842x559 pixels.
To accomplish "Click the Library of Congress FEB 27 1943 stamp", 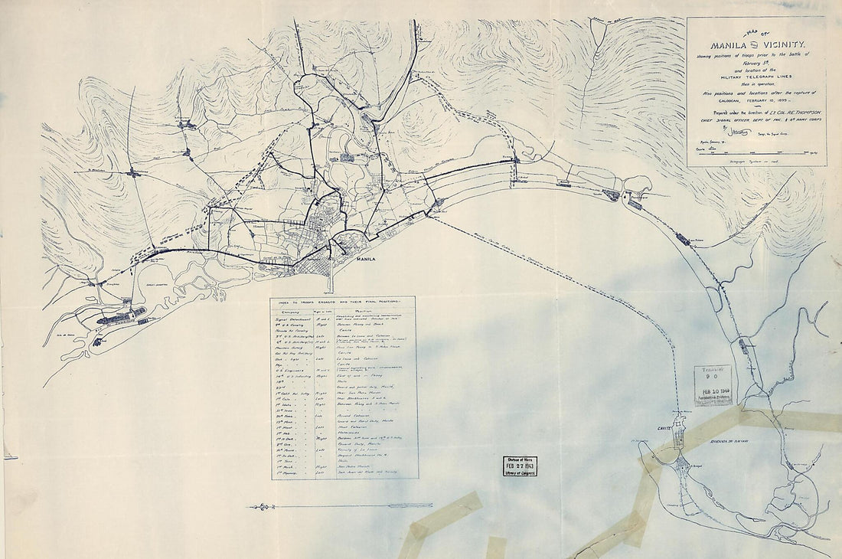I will coord(520,466).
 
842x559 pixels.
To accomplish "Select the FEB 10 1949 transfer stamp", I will coord(713,385).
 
